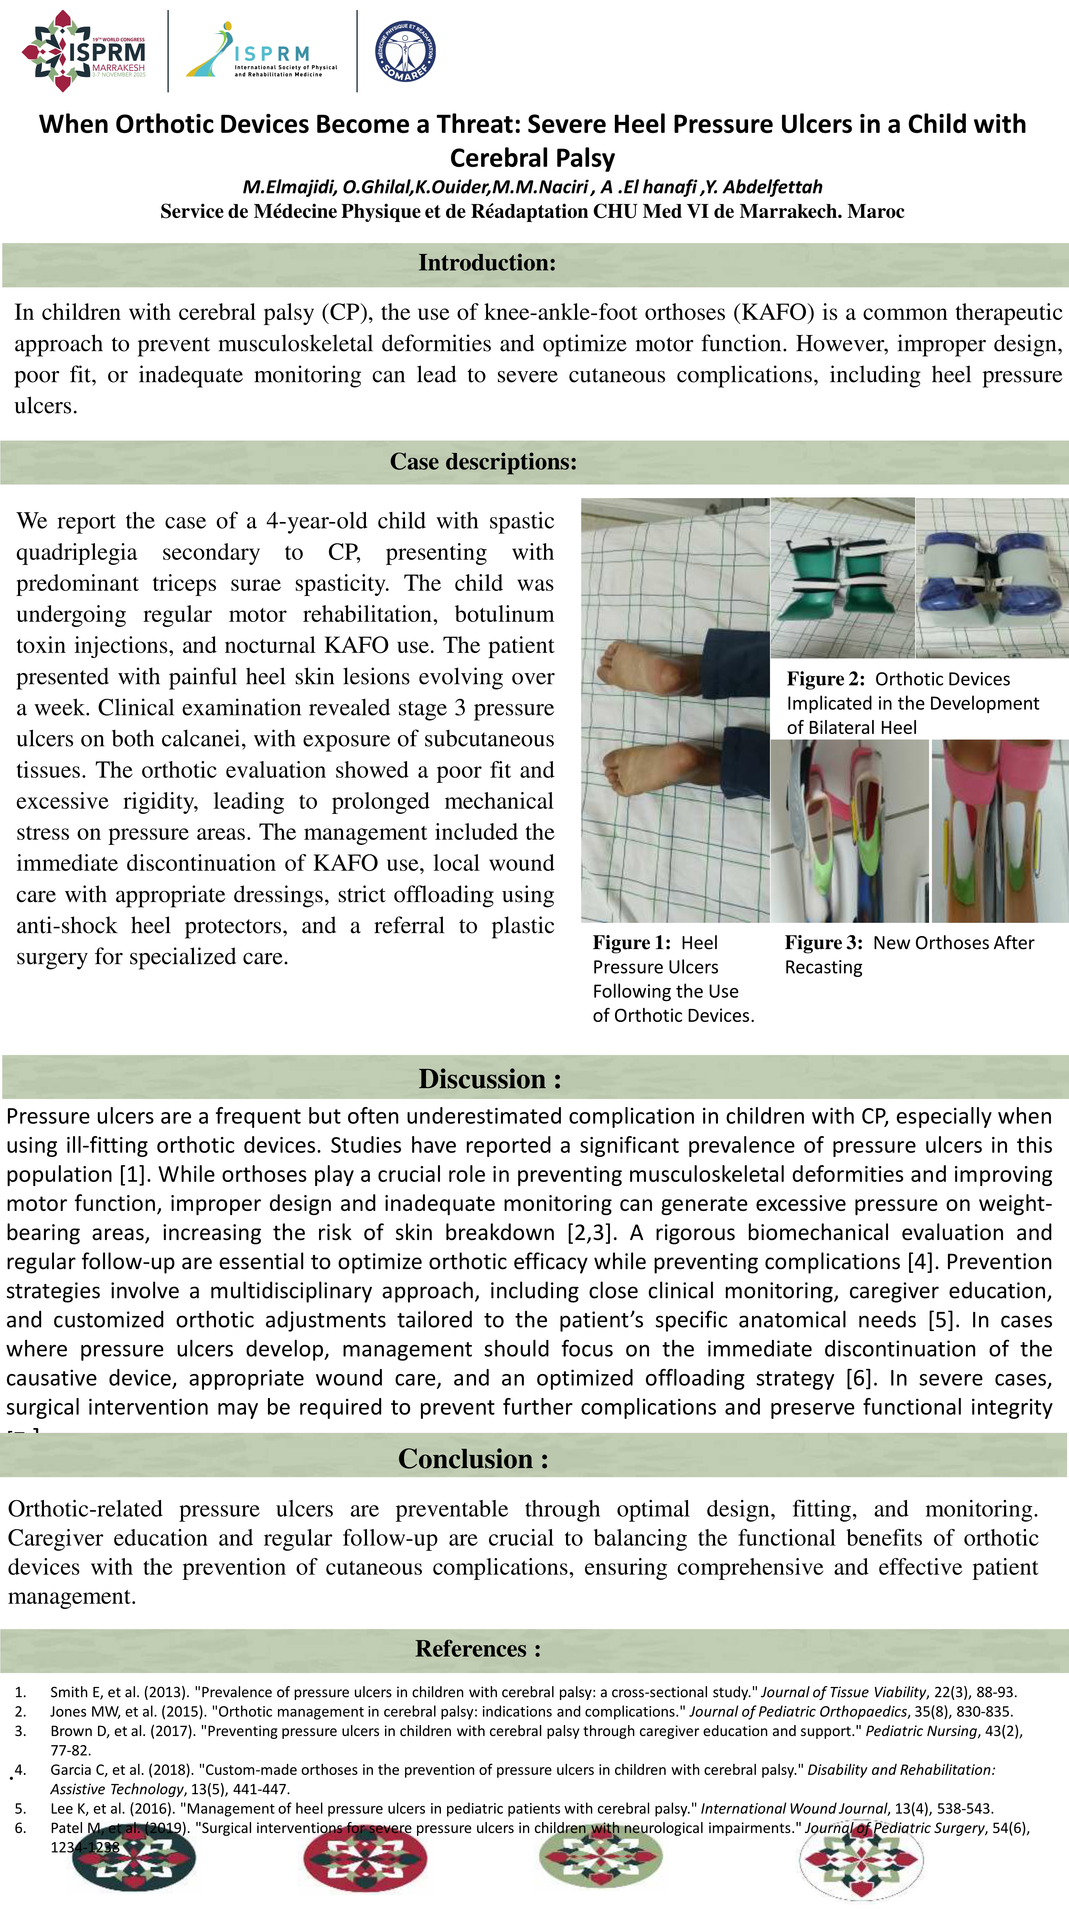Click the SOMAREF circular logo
pos(405,51)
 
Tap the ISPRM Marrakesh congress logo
pos(84,51)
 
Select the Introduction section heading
pos(487,263)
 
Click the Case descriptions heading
pos(483,462)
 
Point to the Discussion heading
pos(489,1079)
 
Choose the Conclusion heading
pos(473,1458)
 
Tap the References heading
pos(478,1648)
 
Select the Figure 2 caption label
pos(825,679)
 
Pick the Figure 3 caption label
pos(823,943)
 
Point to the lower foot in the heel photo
pos(652,771)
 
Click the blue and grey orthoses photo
pos(992,578)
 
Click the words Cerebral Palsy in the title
pos(532,158)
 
